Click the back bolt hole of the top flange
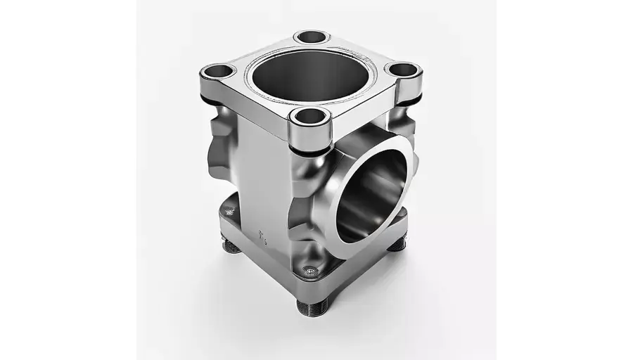pyautogui.click(x=312, y=37)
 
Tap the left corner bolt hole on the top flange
pyautogui.click(x=218, y=71)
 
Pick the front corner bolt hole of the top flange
pyautogui.click(x=310, y=116)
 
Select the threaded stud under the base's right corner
pyautogui.click(x=397, y=244)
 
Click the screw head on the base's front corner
pyautogui.click(x=310, y=270)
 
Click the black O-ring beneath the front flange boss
pyautogui.click(x=310, y=150)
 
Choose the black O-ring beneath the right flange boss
pyautogui.click(x=408, y=101)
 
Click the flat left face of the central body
pyautogui.click(x=264, y=183)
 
